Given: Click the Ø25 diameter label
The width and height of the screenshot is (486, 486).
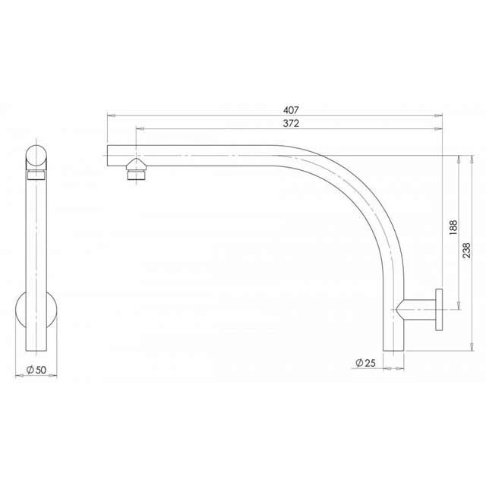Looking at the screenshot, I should coord(365,364).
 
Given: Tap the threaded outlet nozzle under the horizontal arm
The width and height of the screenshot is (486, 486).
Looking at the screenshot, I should coord(135,169).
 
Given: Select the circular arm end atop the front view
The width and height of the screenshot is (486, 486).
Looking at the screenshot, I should coord(36,157).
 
